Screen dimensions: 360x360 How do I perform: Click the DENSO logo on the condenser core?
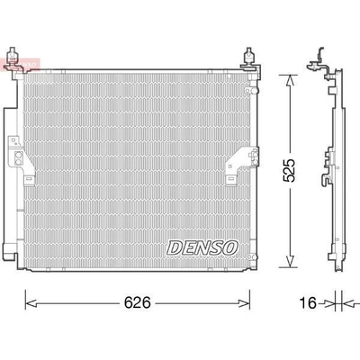click(202, 247)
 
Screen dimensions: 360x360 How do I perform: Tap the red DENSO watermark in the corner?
click(21, 64)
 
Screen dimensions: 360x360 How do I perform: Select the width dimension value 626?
click(138, 302)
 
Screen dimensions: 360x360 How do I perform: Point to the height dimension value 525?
click(290, 170)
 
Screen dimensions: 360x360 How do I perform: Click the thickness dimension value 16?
click(308, 303)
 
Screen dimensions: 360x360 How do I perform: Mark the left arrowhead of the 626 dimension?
click(31, 303)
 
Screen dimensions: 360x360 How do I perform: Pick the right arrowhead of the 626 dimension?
click(244, 303)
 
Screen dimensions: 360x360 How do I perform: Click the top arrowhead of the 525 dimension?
click(289, 80)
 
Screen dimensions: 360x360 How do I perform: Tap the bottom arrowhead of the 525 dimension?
click(289, 261)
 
